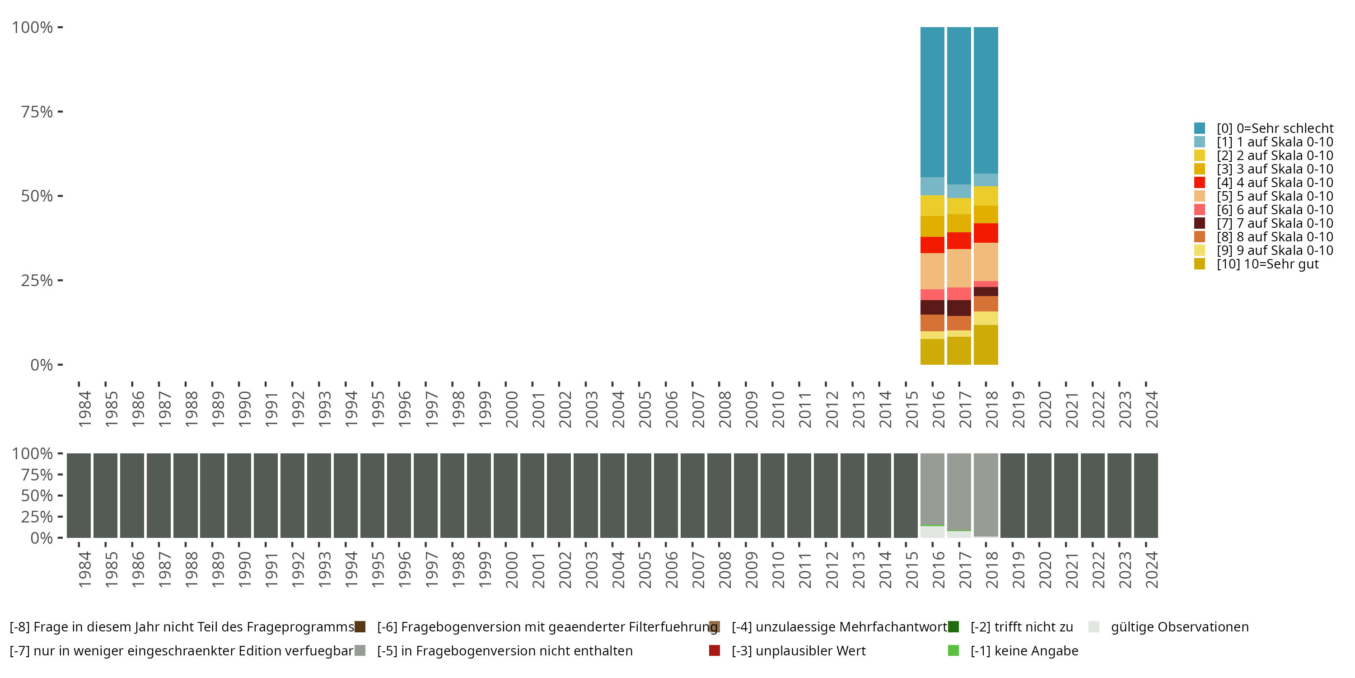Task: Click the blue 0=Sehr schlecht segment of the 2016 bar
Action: [x=932, y=102]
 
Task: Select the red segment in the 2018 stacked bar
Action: [x=986, y=233]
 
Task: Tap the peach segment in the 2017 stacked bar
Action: [x=959, y=268]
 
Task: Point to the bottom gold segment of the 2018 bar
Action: [x=986, y=345]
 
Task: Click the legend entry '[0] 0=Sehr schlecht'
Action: [x=1275, y=128]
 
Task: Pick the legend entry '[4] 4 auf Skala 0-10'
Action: [x=1275, y=183]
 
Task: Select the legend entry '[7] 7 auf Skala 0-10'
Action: [x=1275, y=223]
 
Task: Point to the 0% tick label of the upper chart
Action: [x=42, y=365]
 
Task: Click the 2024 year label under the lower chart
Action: [x=1151, y=570]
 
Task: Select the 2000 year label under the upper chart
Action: [x=511, y=409]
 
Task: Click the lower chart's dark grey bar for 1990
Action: [x=239, y=495]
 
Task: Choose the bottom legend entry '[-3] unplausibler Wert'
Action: [x=798, y=650]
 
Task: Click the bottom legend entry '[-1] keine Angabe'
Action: [x=1023, y=650]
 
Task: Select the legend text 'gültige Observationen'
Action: [x=1179, y=627]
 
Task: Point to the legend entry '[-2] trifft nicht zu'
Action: [x=1021, y=627]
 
